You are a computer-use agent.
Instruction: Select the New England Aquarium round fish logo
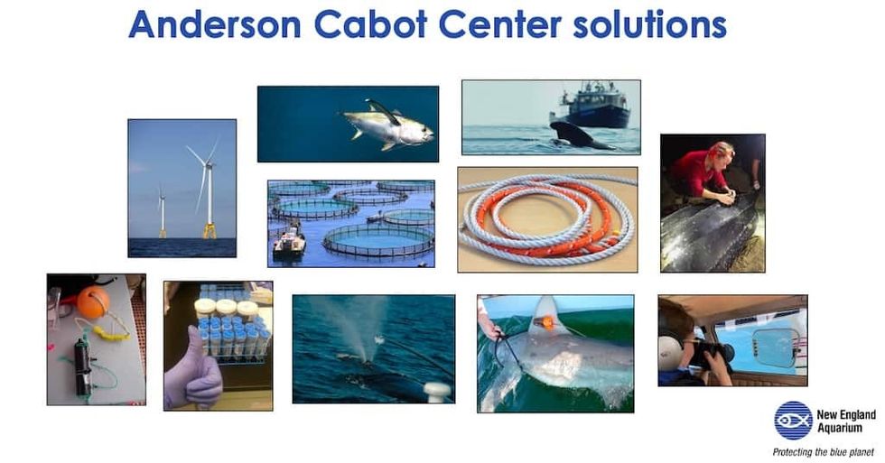coord(792,420)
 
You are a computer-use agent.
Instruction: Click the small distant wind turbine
coord(162,212)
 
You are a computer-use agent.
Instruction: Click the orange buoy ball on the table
coord(92,301)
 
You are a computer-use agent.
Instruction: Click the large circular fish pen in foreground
coord(378,239)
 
